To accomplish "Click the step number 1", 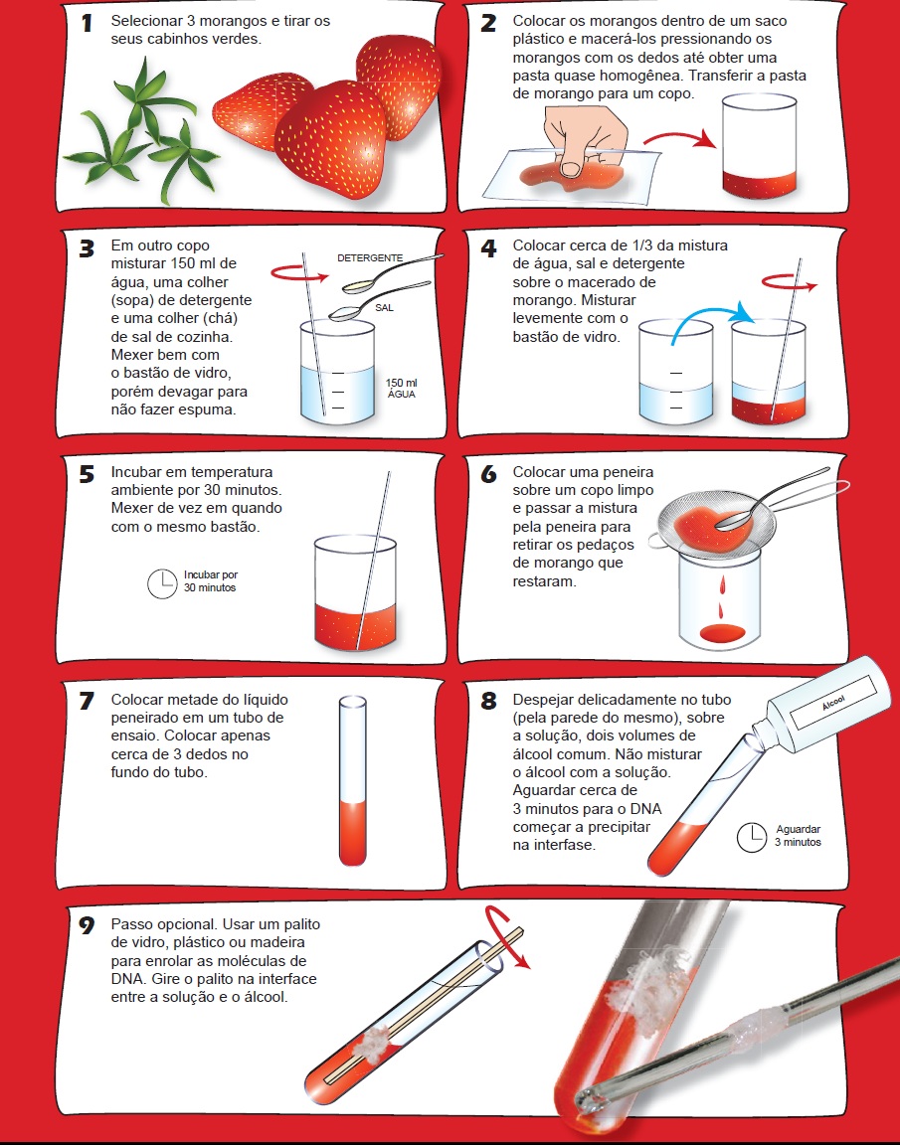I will (x=88, y=23).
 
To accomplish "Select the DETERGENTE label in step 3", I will (x=370, y=257).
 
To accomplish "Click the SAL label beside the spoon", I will (x=385, y=308).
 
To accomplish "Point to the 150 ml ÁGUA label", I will (x=401, y=388).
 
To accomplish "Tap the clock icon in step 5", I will (x=160, y=583).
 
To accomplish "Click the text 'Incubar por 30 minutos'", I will (x=211, y=581).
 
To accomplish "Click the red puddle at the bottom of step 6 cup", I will (x=724, y=631).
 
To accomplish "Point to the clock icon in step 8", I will (x=751, y=837).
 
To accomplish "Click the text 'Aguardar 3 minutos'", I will (x=798, y=835).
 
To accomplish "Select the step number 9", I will (x=88, y=926).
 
